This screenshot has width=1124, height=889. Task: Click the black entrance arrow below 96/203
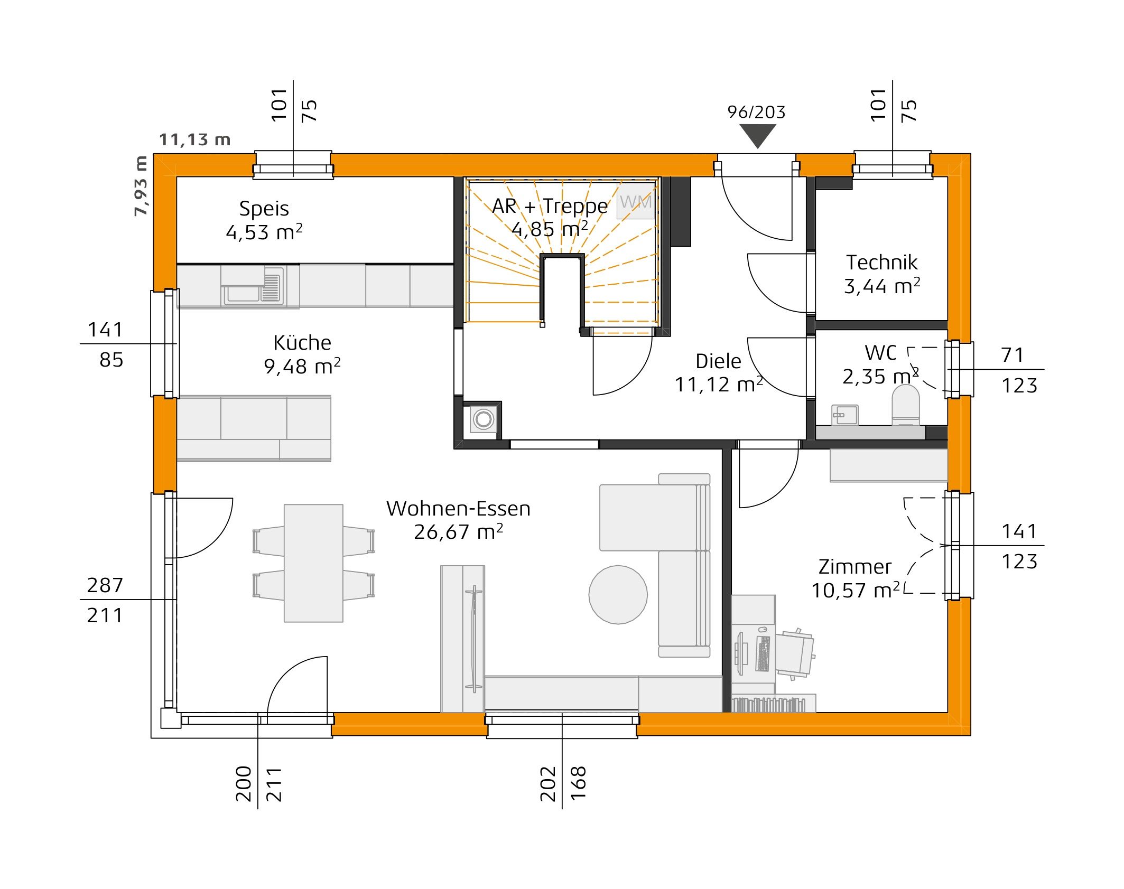point(757,134)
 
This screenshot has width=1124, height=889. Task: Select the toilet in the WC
point(905,404)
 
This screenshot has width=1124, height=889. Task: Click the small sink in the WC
point(844,415)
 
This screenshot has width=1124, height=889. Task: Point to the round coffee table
point(618,594)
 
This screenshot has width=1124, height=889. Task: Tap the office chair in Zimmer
point(794,653)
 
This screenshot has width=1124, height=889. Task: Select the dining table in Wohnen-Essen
point(313,563)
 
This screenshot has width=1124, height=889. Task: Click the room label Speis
point(264,209)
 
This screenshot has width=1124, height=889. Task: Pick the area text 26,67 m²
point(458,532)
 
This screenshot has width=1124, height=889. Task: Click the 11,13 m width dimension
point(195,140)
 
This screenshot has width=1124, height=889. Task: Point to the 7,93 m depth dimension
point(141,186)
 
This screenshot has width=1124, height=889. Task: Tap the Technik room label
point(881,263)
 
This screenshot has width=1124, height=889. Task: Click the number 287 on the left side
point(105,585)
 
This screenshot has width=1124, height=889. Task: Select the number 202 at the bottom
point(548,784)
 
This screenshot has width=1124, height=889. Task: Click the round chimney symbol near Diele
point(483,419)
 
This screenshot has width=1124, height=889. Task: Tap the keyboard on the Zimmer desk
point(763,653)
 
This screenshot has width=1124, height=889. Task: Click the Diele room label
point(718,361)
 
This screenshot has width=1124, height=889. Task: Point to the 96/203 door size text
point(756,112)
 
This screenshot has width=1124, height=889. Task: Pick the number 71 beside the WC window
point(1012,355)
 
